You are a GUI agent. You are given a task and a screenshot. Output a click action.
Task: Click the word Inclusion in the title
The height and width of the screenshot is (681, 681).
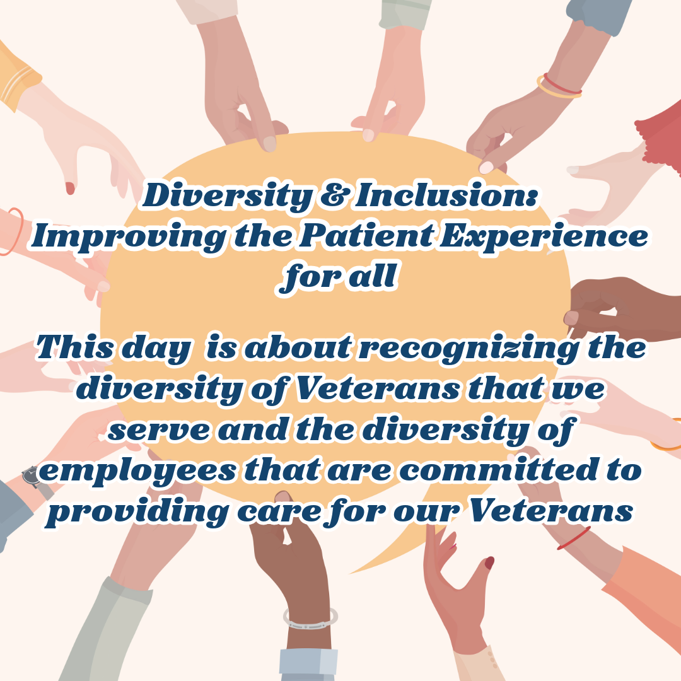pos(447,195)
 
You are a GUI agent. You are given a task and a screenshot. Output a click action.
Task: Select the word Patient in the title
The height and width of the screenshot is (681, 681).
pos(366,236)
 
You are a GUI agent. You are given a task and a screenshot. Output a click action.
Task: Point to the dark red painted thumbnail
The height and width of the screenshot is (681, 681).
pos(489,563)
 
